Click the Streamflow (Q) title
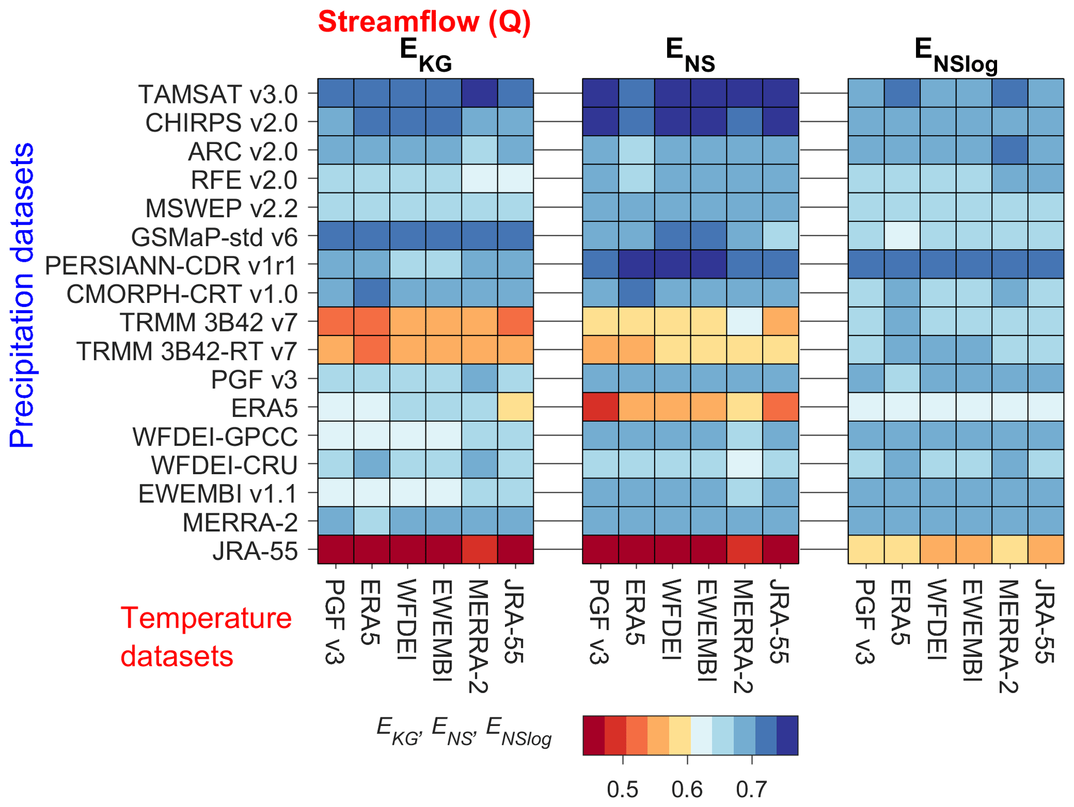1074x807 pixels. (x=424, y=22)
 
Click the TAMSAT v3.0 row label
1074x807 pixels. (x=218, y=94)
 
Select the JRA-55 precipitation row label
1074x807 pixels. (x=255, y=551)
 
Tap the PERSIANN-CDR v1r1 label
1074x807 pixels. (x=171, y=265)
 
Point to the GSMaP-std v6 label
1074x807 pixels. (x=214, y=237)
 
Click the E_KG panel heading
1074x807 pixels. (x=425, y=56)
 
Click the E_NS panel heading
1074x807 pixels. (x=690, y=56)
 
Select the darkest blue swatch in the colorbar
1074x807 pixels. (x=787, y=735)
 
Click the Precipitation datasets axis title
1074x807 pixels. (x=22, y=294)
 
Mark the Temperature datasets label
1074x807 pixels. (x=206, y=637)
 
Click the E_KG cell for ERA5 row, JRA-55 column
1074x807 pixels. (x=515, y=407)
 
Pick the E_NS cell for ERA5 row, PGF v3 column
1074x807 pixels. (x=600, y=407)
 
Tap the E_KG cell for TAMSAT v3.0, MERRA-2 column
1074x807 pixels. (x=479, y=93)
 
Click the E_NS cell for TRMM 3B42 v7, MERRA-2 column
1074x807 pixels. (x=744, y=321)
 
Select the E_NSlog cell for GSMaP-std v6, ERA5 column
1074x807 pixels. (x=901, y=236)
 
